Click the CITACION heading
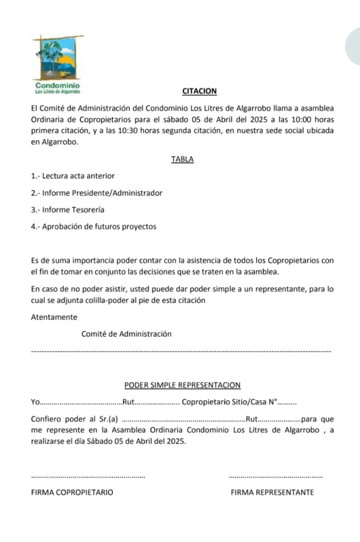199,91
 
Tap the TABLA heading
182,159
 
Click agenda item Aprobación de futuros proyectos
94,227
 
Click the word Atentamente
54,317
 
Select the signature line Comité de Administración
127,334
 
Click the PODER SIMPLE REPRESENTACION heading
182,385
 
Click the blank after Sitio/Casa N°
287,402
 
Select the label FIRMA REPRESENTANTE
272,492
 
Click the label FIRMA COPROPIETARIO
72,492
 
